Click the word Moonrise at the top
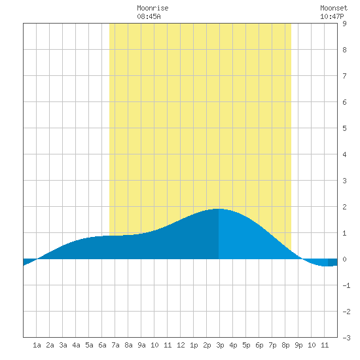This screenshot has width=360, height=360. [153, 8]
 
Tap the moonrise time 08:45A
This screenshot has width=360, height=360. [149, 16]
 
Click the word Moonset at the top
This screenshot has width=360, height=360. [334, 8]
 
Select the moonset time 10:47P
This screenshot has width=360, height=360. [332, 16]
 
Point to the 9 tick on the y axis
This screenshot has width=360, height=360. [344, 24]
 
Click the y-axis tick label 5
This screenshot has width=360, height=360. [344, 128]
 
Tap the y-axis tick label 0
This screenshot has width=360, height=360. [344, 259]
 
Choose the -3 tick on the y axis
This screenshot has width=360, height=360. [346, 338]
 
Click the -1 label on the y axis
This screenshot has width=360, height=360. [346, 285]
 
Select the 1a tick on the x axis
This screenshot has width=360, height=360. [37, 345]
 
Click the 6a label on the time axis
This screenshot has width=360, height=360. [102, 345]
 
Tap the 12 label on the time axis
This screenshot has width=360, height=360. [181, 345]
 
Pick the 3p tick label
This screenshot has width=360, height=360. [220, 345]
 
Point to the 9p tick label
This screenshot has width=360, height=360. [298, 345]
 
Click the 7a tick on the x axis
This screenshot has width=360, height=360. [115, 345]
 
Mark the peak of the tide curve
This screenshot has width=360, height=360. [219, 209]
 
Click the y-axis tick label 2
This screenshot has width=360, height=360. [344, 207]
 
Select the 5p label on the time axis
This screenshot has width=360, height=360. [246, 345]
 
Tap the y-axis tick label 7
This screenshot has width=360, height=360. [344, 76]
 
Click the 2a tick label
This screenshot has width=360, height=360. [50, 345]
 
